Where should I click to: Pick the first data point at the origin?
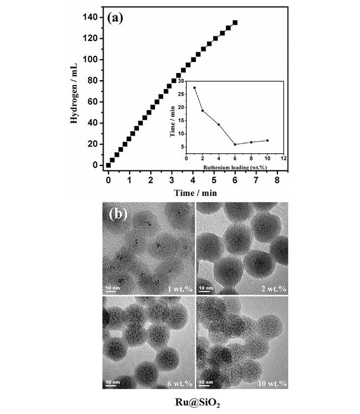click(108, 165)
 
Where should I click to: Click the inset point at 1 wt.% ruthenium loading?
click(194, 88)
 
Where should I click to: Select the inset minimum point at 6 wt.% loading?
click(235, 144)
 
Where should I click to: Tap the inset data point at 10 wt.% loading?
click(268, 141)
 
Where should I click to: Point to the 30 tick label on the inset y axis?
click(181, 82)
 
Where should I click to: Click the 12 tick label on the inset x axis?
click(283, 157)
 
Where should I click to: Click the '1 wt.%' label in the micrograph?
click(179, 289)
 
